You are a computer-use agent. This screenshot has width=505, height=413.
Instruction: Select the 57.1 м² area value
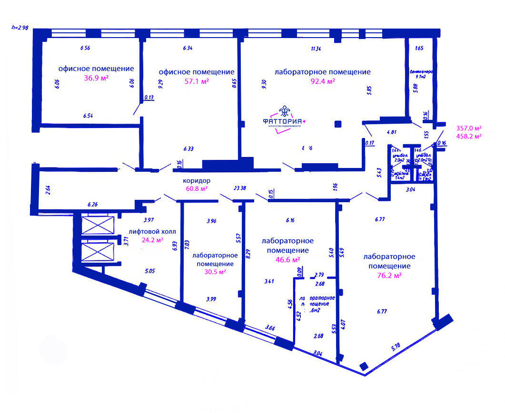coord(197,81)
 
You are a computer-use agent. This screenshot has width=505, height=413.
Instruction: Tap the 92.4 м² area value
coord(322,81)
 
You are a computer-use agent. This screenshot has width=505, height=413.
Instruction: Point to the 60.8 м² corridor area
coord(197,188)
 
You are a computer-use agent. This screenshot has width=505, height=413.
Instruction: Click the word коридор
coord(197,181)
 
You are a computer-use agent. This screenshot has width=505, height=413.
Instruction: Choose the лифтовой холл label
coord(152,232)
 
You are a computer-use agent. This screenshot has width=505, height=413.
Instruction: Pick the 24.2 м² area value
coord(152,240)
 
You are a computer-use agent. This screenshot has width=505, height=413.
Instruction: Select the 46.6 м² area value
coord(287,259)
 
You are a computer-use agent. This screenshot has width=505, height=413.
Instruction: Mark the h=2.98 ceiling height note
coord(20,28)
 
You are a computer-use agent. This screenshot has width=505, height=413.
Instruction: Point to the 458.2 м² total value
coord(469,136)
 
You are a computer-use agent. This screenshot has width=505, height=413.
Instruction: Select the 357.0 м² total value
coord(469,128)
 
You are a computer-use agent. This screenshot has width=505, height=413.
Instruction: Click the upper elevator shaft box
coord(98,225)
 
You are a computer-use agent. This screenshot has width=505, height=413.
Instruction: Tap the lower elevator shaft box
coord(98,253)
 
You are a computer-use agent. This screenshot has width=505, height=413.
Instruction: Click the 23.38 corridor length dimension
coord(240,188)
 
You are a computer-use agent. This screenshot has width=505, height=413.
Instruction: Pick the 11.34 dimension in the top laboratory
coord(316,48)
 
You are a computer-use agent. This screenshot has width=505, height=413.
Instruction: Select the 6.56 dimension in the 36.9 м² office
coord(85,48)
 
